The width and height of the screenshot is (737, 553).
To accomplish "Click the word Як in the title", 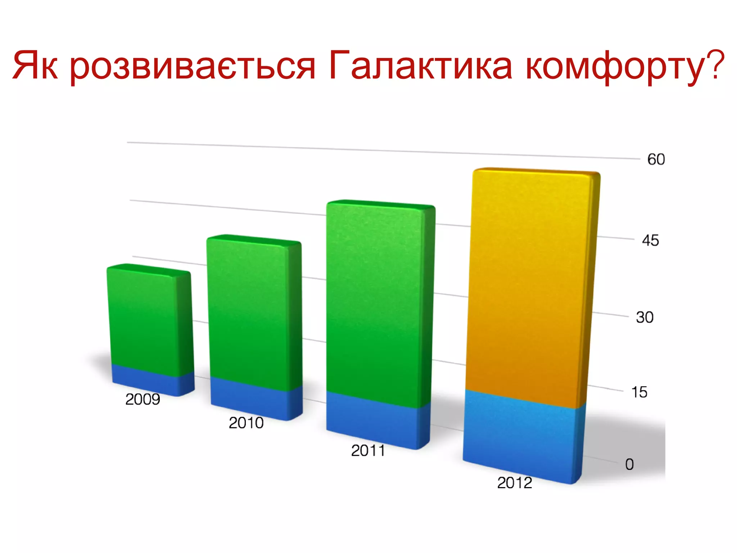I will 35,66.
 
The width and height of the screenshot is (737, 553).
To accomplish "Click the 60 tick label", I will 656,159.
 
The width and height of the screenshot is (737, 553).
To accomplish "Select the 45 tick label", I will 650,240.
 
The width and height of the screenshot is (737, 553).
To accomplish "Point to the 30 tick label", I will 645,317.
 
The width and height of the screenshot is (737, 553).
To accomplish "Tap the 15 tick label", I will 639,392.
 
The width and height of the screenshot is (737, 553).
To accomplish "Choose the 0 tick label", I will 629,464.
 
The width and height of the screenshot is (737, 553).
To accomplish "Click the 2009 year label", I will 143,399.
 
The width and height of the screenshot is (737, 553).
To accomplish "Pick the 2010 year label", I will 246,423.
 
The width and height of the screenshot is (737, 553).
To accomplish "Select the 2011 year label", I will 368,451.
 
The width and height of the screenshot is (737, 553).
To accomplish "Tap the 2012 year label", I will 515,483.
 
